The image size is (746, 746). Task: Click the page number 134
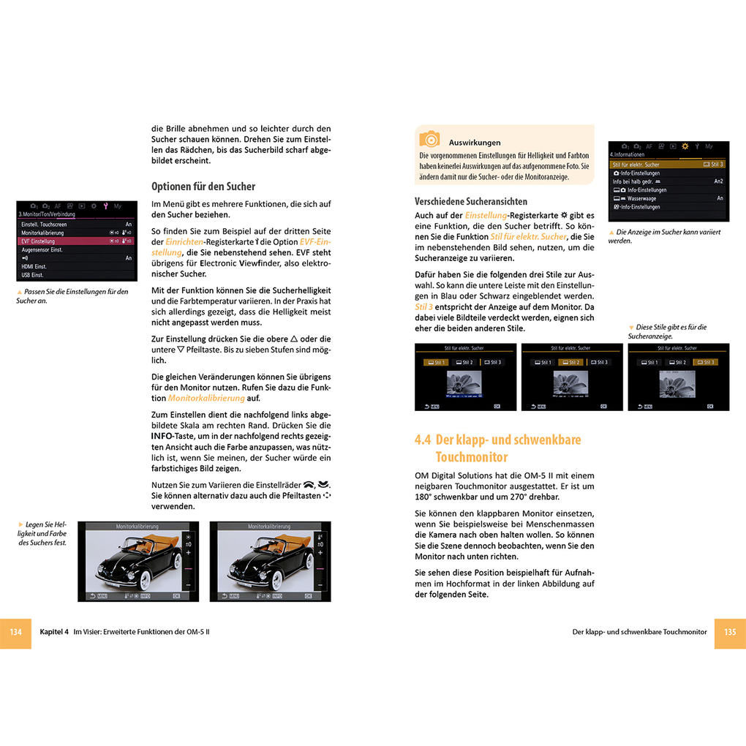coord(15,632)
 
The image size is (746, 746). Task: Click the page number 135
coord(730,632)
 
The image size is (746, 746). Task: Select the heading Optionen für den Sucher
coord(203,186)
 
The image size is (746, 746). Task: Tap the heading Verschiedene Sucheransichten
coord(471,201)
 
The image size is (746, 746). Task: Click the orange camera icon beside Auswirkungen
coord(429,139)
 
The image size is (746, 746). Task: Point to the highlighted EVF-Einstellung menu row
coord(77,241)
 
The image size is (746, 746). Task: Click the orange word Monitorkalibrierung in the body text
coord(206,399)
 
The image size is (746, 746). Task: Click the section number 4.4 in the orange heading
coord(423,440)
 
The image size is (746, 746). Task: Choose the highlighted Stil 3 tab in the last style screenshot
coord(706,363)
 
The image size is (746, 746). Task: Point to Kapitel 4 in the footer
coord(54,632)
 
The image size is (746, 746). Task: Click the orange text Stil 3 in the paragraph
coord(425,307)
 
